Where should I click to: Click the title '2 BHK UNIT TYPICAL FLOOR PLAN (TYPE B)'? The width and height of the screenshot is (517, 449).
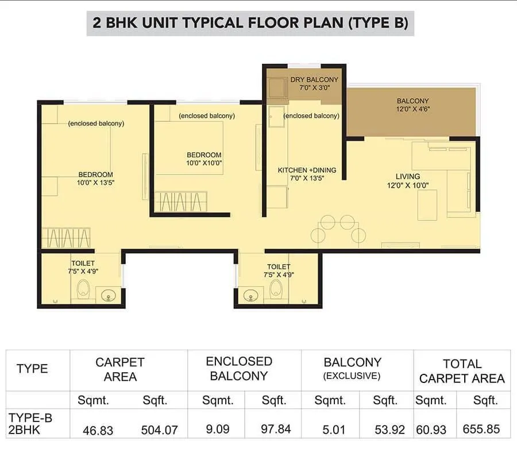(x=250, y=24)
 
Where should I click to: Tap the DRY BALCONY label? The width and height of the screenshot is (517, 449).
(x=314, y=83)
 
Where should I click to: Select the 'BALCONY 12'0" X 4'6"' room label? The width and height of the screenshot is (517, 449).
(x=412, y=104)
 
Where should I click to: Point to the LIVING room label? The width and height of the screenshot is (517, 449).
(x=408, y=180)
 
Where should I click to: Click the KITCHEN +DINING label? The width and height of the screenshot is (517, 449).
(x=307, y=174)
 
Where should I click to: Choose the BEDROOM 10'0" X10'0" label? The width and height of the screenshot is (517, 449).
(x=204, y=158)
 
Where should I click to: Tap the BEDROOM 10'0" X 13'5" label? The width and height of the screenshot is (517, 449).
(x=95, y=179)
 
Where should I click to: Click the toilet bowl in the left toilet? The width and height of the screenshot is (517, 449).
(x=84, y=289)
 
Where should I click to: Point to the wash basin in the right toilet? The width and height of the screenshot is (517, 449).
(x=250, y=296)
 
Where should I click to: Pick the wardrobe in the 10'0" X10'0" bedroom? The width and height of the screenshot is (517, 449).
(x=180, y=202)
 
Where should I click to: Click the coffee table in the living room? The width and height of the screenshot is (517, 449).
(x=427, y=204)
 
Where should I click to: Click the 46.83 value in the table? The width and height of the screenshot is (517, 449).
(x=98, y=429)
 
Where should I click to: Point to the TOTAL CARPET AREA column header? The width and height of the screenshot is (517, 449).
(x=462, y=371)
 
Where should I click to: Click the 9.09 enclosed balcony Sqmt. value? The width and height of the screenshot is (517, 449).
(x=216, y=429)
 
